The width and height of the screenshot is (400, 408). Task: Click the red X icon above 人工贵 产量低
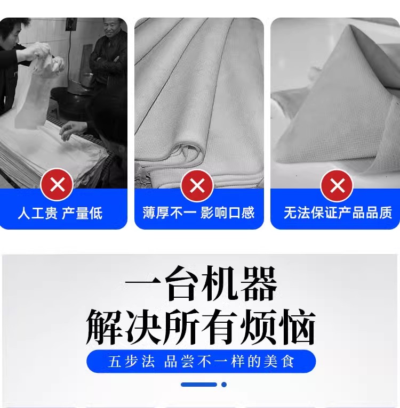57,185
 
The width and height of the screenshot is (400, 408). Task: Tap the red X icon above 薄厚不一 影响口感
197,185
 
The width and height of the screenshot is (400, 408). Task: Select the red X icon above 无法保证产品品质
337,186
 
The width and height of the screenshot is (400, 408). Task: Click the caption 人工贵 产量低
60,213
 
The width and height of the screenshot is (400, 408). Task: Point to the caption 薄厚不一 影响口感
198,213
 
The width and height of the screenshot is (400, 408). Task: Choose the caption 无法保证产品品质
338,213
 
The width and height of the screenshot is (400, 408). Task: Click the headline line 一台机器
201,284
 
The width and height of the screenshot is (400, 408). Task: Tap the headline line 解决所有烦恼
201,327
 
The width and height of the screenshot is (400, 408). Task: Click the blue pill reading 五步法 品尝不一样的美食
201,361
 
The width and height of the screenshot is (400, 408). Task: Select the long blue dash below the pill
199,385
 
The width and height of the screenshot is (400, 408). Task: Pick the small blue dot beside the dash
224,385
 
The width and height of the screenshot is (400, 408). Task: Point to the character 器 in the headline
259,284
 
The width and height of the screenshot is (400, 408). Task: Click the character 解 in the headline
104,327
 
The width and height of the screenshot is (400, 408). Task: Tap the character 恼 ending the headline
297,327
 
